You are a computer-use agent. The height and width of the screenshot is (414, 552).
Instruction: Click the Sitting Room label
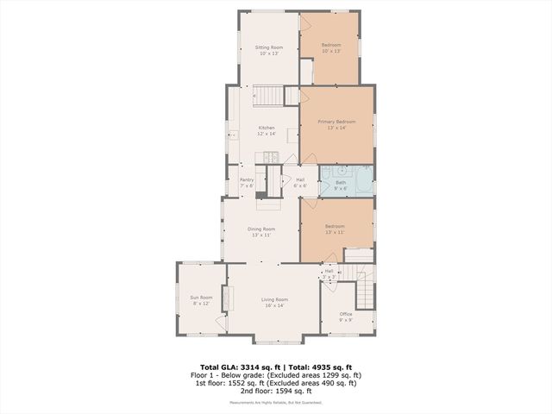tap(270, 47)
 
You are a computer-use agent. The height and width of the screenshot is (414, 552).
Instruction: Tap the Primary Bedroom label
tap(336, 122)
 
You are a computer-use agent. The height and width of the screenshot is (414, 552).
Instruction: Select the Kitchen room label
tap(267, 128)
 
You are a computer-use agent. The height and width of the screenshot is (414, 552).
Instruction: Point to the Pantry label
tap(246, 179)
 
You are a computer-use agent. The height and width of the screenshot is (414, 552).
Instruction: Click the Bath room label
tap(341, 182)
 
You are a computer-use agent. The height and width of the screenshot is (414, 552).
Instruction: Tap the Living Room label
tap(274, 299)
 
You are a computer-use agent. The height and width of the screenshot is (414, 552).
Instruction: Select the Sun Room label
tap(201, 298)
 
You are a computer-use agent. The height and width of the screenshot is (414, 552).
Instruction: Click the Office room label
tap(346, 314)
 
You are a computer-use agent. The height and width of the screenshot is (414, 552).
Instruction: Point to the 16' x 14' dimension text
tap(274, 305)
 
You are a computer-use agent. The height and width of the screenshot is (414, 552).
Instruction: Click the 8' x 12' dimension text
tap(201, 304)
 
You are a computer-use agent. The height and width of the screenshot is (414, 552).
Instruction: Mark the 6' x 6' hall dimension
tap(300, 185)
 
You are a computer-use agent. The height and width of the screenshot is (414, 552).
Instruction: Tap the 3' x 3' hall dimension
tap(329, 276)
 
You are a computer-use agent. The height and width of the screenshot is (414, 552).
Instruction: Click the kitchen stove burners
tap(270, 158)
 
